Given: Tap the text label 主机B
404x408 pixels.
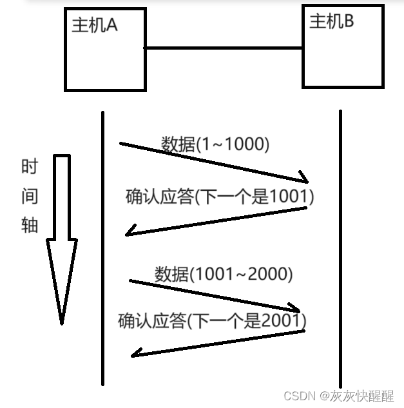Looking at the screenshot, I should click(x=332, y=21).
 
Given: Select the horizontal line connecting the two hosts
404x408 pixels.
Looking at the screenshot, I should click(x=223, y=48).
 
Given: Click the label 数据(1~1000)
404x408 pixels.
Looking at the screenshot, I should click(x=215, y=144).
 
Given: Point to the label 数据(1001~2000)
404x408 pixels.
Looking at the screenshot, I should click(x=224, y=274).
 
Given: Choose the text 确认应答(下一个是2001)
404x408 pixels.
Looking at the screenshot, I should click(x=212, y=320).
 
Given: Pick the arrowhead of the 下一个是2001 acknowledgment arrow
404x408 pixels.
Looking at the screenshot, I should click(x=135, y=351).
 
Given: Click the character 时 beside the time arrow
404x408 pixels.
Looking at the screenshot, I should click(x=30, y=168).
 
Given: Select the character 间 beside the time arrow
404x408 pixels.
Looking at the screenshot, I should click(x=30, y=197).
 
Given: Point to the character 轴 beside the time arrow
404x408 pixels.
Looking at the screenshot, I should click(x=30, y=225).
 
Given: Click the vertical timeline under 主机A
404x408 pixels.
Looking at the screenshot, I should click(x=102, y=258).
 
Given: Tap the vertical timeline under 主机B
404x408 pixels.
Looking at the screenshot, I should click(x=340, y=258).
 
